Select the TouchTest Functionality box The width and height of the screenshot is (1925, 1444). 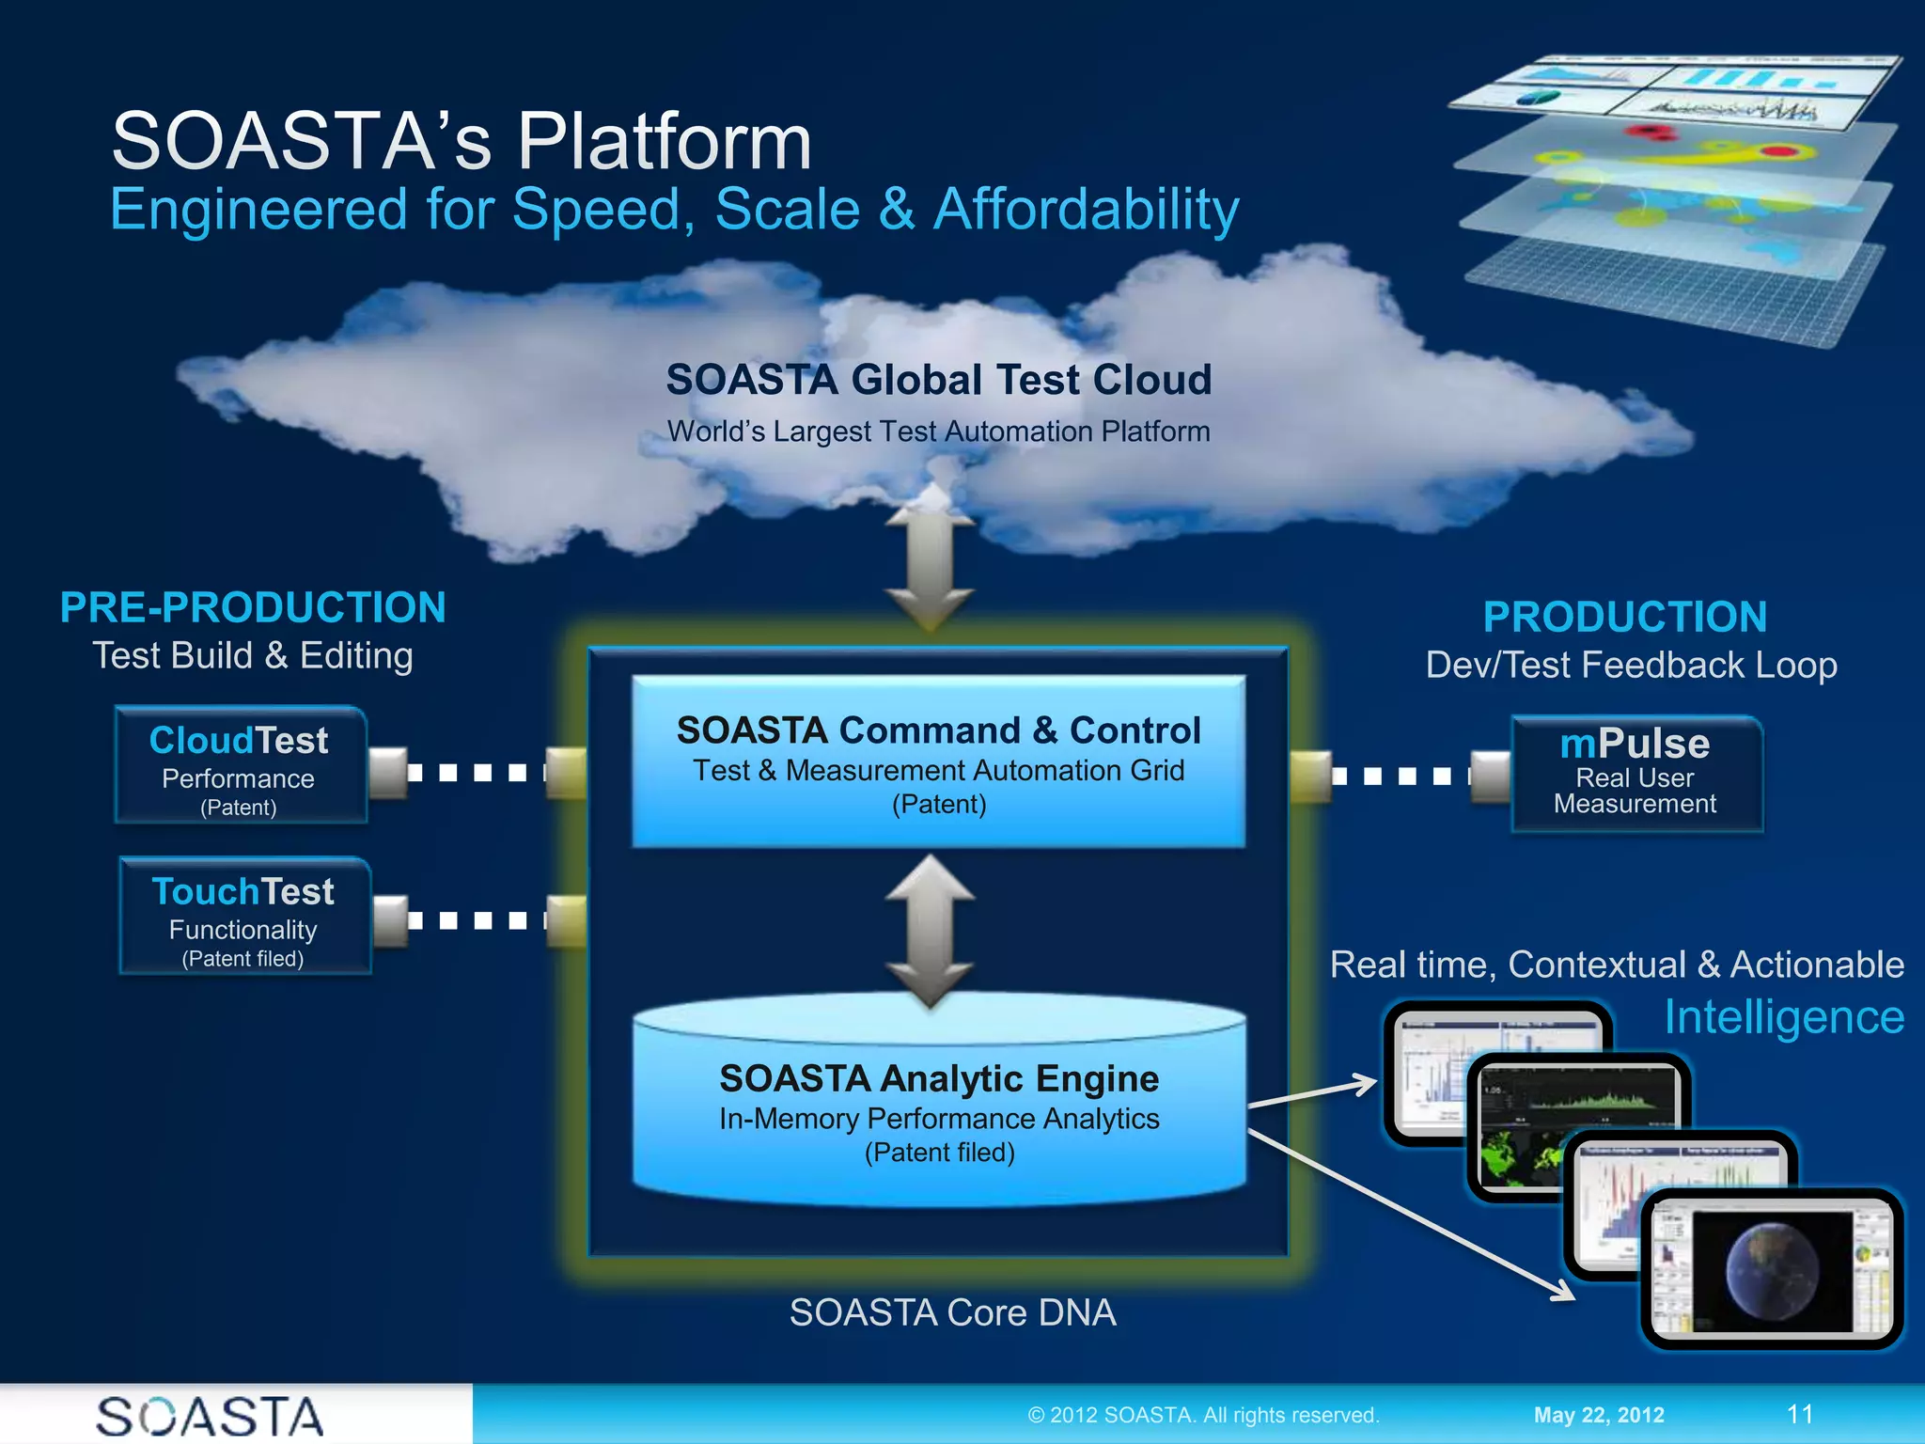click(244, 916)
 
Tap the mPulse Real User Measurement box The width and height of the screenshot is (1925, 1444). click(1635, 774)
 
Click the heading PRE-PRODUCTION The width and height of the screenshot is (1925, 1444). click(253, 607)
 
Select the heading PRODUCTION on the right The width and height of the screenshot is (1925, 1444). click(1624, 617)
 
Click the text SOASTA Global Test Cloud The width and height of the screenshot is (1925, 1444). click(938, 380)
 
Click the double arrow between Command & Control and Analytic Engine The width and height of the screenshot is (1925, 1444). click(930, 931)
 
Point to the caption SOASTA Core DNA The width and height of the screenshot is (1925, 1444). click(952, 1312)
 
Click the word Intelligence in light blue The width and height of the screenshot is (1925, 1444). click(1783, 1017)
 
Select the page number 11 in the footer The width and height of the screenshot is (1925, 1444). click(1799, 1415)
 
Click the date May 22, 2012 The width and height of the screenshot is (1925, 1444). click(1598, 1415)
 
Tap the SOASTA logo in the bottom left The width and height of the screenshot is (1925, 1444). click(210, 1417)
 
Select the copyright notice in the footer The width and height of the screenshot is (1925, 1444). click(1203, 1415)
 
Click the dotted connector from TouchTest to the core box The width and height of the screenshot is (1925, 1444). click(477, 920)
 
